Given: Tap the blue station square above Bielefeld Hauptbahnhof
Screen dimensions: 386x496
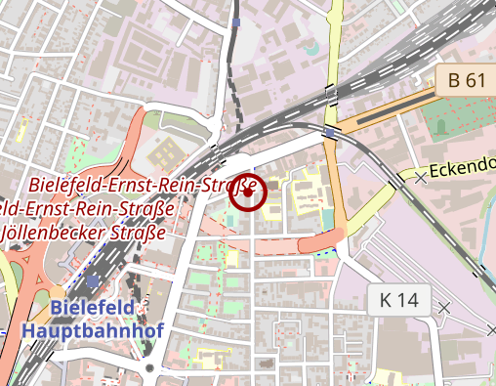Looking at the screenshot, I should (x=93, y=280).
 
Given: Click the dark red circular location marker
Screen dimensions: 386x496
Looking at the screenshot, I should (x=248, y=193).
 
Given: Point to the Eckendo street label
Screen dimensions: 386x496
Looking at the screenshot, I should (x=463, y=166).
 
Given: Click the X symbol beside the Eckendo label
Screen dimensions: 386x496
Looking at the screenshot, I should (x=421, y=178).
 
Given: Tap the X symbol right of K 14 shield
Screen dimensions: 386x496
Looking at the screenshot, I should (x=445, y=308).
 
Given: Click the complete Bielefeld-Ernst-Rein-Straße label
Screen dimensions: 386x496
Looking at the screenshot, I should (x=143, y=185).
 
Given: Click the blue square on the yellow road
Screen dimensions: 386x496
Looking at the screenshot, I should (x=332, y=131).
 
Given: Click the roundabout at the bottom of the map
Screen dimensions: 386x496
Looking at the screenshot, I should (x=149, y=368).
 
